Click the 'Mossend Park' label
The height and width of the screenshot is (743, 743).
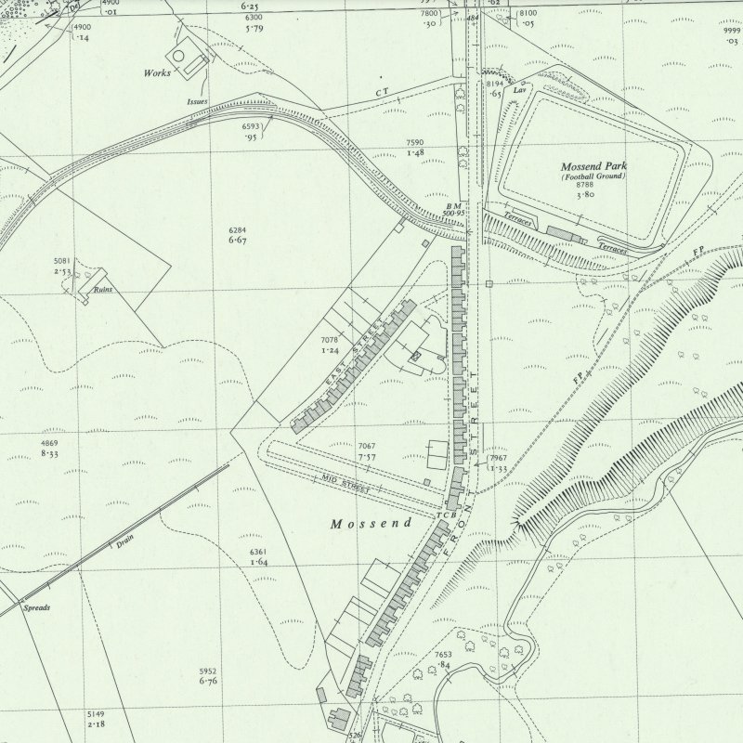point(593,166)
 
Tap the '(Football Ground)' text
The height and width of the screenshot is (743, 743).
point(593,176)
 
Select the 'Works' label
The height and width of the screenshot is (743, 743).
point(157,72)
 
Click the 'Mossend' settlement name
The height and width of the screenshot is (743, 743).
point(371,524)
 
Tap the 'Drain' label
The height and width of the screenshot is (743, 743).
point(125,544)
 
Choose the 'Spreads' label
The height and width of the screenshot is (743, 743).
point(37,607)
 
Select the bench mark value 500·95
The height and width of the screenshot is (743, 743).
point(454,213)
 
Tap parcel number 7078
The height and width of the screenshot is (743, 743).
point(330,341)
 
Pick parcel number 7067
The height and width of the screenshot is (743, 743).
point(367,447)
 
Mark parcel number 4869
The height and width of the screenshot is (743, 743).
point(50,443)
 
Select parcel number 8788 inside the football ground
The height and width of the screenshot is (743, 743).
point(585,186)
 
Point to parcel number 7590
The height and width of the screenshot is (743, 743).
point(415,142)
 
